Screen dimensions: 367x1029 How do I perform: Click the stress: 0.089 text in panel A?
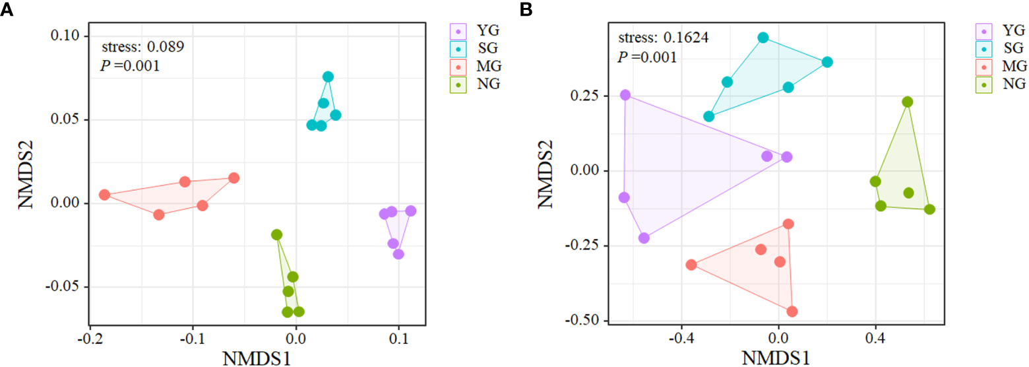[142, 47]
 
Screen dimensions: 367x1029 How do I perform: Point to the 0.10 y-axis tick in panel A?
[66, 36]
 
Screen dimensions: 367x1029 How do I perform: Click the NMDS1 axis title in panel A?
[257, 358]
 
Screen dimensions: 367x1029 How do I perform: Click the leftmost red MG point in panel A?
[104, 195]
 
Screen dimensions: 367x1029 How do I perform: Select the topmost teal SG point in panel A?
[328, 77]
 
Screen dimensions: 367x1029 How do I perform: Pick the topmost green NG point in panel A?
[276, 234]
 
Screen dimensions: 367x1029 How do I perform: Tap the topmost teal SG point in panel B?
[763, 38]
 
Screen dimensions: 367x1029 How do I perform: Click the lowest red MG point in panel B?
[792, 311]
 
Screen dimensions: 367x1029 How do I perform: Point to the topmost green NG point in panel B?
[908, 102]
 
